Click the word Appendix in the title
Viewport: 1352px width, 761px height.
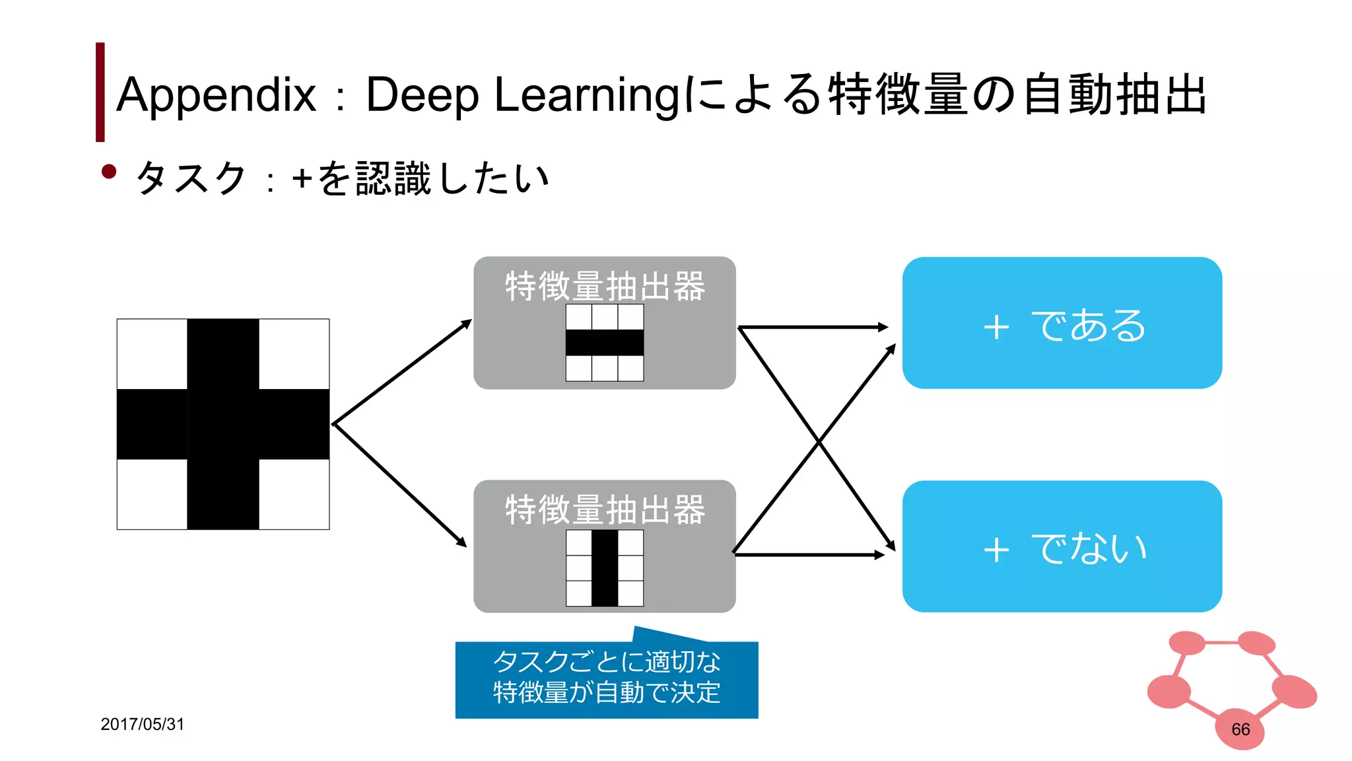click(216, 94)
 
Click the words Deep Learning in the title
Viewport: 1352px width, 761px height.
click(522, 94)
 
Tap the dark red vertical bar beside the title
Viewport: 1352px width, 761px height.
click(100, 92)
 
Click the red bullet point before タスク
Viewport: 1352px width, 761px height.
click(109, 172)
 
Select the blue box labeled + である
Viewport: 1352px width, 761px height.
click(1062, 323)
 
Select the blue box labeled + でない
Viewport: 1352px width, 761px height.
click(1062, 546)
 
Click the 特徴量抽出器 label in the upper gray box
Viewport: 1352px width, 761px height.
click(605, 286)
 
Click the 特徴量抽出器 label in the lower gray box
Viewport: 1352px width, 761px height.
click(605, 509)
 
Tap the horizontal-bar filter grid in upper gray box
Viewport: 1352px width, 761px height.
click(605, 342)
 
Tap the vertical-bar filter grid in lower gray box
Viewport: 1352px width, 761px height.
click(605, 567)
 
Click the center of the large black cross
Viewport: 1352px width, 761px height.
click(223, 424)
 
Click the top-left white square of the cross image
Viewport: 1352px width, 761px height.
click(152, 354)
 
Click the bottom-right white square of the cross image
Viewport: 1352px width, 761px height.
click(294, 493)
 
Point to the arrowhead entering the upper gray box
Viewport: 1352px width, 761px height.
click(467, 323)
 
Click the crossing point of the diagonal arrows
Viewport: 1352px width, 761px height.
click(819, 441)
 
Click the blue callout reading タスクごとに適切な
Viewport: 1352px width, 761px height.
click(606, 679)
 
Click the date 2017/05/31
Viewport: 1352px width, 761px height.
click(142, 724)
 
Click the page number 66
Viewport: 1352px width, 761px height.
click(1240, 729)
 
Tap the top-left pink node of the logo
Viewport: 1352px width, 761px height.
click(1187, 642)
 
